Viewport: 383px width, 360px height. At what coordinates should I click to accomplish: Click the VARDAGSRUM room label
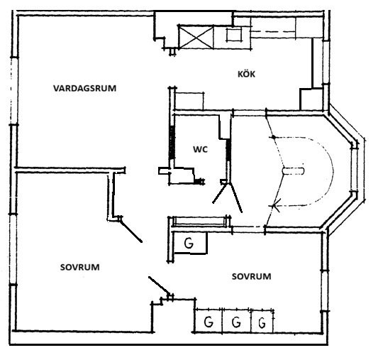[x=85, y=88]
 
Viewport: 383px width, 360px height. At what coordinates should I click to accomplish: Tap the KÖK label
[x=246, y=74]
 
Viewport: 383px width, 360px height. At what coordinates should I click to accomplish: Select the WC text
[x=200, y=149]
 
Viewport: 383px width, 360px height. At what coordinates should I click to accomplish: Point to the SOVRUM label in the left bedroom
[x=80, y=267]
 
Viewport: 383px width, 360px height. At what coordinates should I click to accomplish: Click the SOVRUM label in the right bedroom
[x=251, y=276]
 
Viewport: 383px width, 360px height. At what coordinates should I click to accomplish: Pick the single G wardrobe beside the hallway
[x=189, y=243]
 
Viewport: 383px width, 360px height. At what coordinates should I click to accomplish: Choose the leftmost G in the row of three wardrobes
[x=209, y=322]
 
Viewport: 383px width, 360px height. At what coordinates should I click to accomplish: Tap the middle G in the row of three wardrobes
[x=236, y=322]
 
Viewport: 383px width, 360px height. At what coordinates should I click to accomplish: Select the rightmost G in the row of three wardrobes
[x=262, y=322]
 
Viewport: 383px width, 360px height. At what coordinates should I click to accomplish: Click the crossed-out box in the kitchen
[x=196, y=38]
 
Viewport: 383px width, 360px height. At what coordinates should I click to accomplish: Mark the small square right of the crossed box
[x=234, y=35]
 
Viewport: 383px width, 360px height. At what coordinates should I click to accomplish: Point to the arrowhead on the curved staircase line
[x=275, y=206]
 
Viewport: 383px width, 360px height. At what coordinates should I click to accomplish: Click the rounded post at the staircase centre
[x=293, y=170]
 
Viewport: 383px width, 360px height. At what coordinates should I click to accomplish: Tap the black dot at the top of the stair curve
[x=274, y=137]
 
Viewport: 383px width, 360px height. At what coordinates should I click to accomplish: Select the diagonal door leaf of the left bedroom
[x=131, y=231]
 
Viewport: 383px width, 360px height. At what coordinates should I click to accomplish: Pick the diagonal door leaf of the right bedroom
[x=159, y=286]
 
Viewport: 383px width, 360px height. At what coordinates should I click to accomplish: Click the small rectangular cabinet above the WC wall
[x=189, y=102]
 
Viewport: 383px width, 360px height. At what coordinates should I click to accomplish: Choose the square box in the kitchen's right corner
[x=311, y=99]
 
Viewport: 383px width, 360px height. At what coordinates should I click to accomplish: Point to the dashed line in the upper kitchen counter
[x=273, y=31]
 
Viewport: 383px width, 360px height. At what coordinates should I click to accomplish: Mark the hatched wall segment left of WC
[x=172, y=142]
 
